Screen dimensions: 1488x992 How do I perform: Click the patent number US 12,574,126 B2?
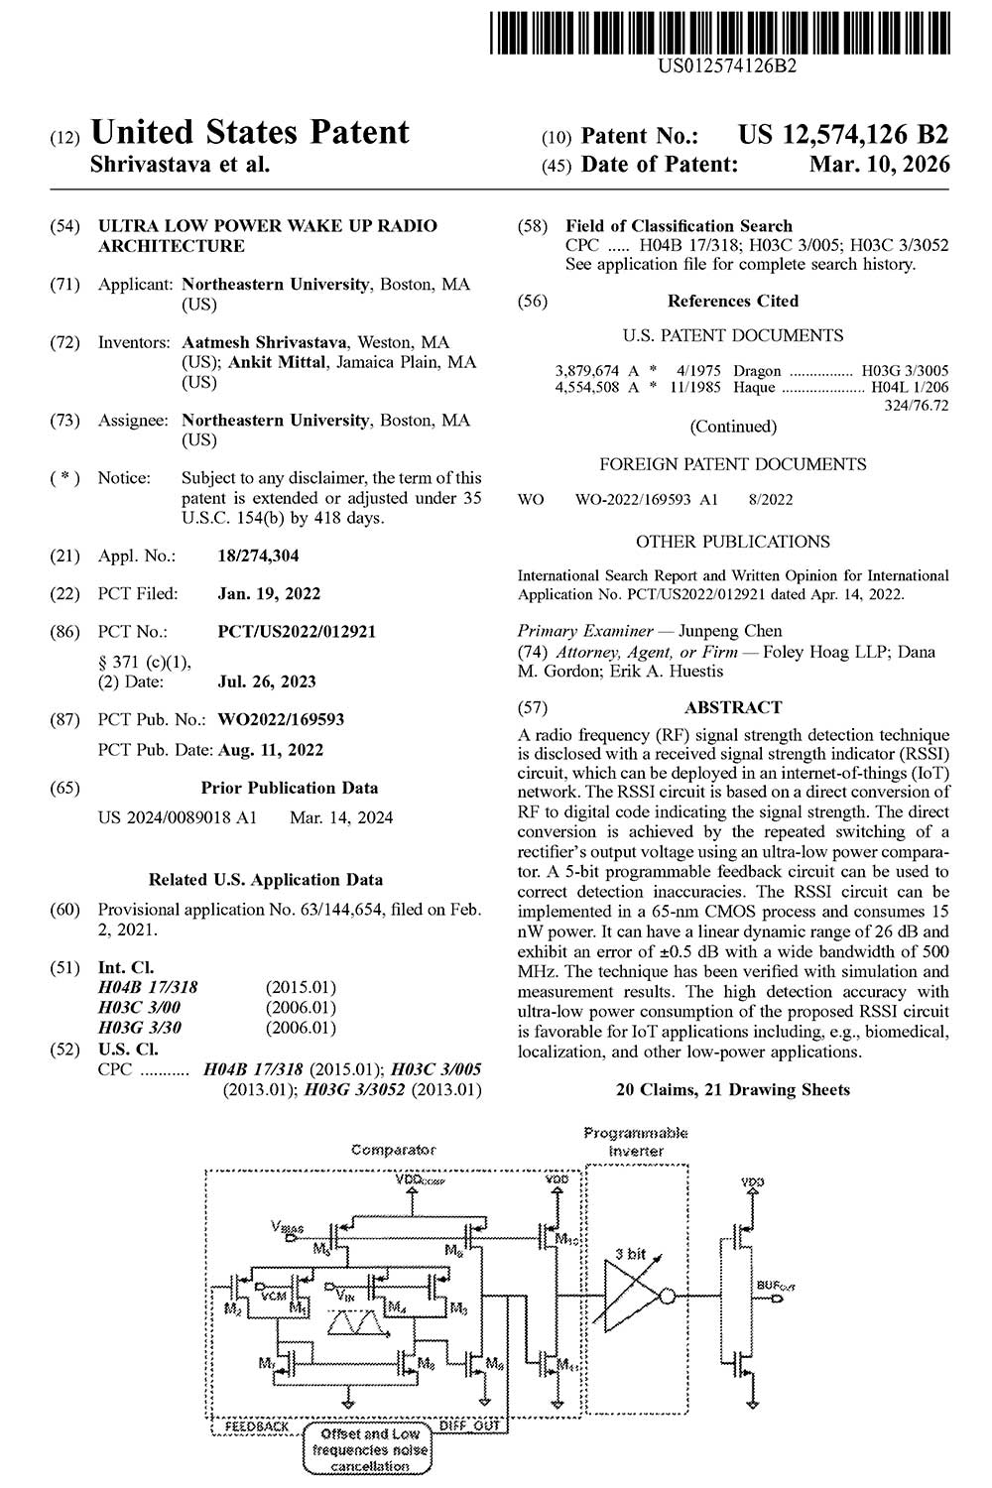click(843, 135)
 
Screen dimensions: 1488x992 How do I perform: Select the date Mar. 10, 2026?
click(879, 165)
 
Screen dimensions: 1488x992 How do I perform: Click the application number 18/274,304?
click(258, 556)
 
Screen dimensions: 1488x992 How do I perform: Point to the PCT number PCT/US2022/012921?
click(297, 631)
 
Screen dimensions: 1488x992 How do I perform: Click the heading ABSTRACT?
click(733, 707)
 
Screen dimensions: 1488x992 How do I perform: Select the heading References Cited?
click(733, 301)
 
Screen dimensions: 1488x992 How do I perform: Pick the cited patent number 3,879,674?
click(587, 370)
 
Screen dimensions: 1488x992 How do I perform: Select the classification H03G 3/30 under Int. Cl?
click(140, 1028)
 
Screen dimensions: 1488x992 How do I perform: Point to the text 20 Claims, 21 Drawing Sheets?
click(733, 1089)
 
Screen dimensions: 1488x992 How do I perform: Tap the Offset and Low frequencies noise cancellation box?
click(369, 1450)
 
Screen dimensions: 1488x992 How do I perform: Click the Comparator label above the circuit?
click(393, 1150)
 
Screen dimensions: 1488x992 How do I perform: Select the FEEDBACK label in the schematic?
click(257, 1426)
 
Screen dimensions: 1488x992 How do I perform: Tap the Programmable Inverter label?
click(636, 1142)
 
